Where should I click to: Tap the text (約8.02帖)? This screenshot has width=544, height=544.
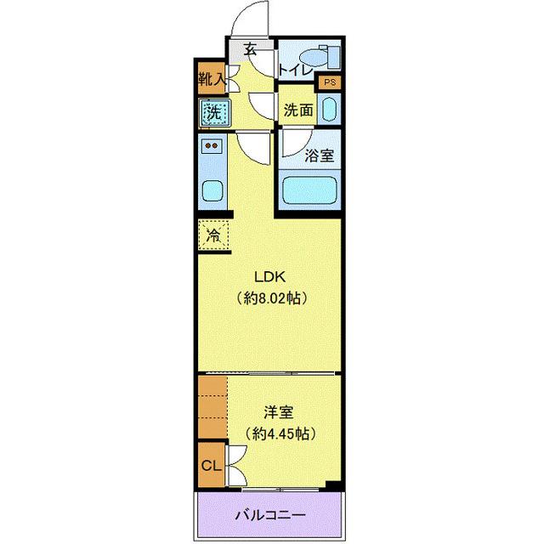pyautogui.click(x=271, y=298)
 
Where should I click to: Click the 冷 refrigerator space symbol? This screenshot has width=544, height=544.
pyautogui.click(x=212, y=234)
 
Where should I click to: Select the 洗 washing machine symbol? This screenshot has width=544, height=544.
pyautogui.click(x=212, y=111)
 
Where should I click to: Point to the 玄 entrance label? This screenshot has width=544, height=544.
pyautogui.click(x=251, y=50)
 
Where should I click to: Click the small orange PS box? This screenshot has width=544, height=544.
pyautogui.click(x=328, y=83)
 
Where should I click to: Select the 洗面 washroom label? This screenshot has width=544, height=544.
pyautogui.click(x=297, y=110)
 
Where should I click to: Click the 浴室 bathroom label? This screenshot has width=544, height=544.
pyautogui.click(x=319, y=155)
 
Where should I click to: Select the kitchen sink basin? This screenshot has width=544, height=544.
pyautogui.click(x=212, y=191)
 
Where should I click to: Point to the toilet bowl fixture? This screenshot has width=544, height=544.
pyautogui.click(x=319, y=56)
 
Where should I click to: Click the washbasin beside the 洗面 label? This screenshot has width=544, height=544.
pyautogui.click(x=330, y=110)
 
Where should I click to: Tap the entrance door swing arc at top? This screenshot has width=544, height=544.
pyautogui.click(x=253, y=17)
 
